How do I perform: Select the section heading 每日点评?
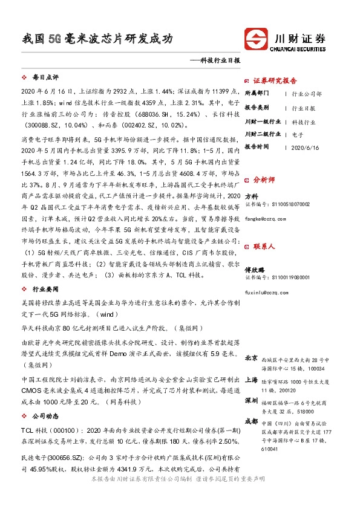(x=45, y=78)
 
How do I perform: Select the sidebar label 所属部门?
(x=258, y=94)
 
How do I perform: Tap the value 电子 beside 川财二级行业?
(x=297, y=134)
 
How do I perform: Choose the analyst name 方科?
(x=251, y=196)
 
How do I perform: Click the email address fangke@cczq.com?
(x=265, y=219)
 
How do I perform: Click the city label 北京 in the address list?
(x=252, y=358)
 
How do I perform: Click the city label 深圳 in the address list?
(x=252, y=401)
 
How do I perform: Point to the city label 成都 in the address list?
(x=252, y=421)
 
